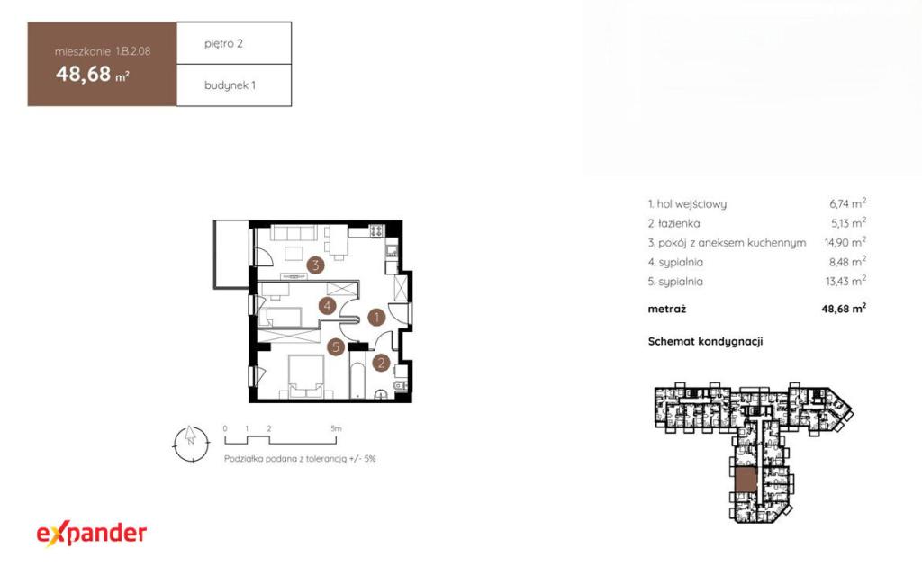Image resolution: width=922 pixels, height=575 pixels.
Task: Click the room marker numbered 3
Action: (x=316, y=265)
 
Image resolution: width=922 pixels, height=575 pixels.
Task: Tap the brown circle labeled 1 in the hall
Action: (x=376, y=318)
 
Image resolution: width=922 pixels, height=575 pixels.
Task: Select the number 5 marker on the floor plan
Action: (x=336, y=346)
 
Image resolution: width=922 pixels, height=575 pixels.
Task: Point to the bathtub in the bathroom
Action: (x=357, y=375)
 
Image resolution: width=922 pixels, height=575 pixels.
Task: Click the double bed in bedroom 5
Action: (x=306, y=376)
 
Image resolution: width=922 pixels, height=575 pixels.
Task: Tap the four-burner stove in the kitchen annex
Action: (x=376, y=231)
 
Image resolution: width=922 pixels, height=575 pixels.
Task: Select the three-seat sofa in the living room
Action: (x=294, y=232)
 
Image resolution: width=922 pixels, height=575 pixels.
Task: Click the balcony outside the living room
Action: (x=231, y=255)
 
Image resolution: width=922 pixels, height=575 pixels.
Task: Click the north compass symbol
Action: (x=191, y=444)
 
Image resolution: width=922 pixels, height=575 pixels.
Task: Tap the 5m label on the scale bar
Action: (x=336, y=428)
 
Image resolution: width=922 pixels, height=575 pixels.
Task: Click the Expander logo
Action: (x=91, y=534)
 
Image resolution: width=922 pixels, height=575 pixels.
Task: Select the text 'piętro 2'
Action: (x=223, y=43)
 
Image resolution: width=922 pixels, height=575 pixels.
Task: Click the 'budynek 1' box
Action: (x=234, y=85)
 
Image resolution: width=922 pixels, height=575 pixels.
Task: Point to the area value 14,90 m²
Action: (x=845, y=242)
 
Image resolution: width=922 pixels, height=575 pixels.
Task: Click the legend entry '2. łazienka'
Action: (x=673, y=223)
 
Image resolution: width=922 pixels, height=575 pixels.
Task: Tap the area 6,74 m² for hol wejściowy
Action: (x=848, y=203)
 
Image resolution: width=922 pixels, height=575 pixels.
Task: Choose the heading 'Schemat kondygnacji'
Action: (x=705, y=342)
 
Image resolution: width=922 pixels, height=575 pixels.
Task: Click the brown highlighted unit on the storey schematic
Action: (x=746, y=481)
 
